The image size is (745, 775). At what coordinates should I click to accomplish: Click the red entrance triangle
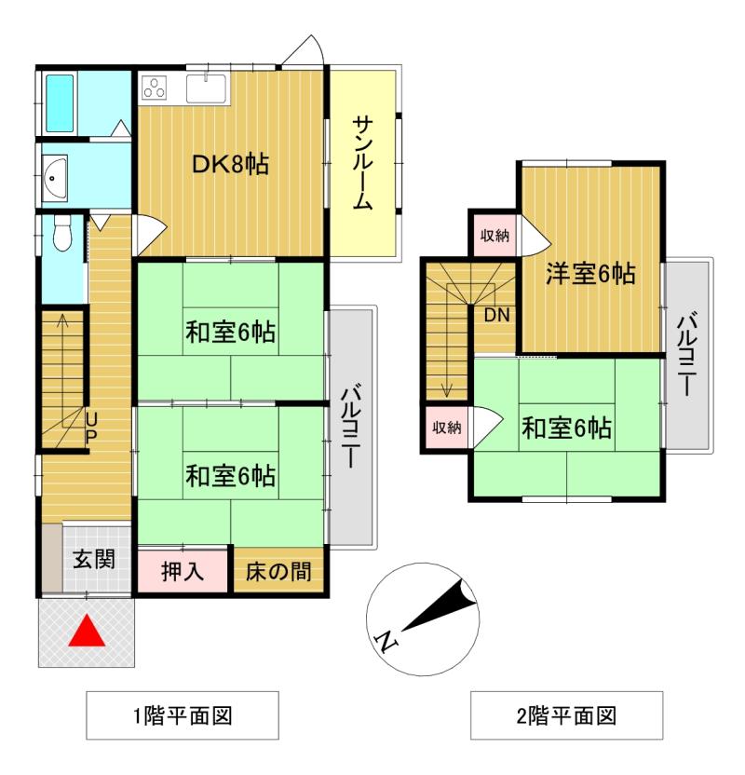(x=87, y=631)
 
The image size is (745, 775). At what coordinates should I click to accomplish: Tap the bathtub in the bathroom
(x=60, y=102)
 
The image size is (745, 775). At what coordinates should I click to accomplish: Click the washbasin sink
(x=54, y=177)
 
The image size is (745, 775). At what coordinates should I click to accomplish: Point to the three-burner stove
(x=155, y=88)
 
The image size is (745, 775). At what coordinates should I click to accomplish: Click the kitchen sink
(x=206, y=88)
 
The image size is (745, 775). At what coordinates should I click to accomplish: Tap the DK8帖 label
(x=230, y=164)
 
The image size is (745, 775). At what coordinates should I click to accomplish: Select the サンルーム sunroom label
(x=362, y=163)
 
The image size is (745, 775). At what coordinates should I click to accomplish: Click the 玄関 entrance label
(x=94, y=559)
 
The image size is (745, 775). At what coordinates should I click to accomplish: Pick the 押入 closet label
(x=183, y=571)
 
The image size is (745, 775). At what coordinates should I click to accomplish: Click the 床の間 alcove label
(x=278, y=571)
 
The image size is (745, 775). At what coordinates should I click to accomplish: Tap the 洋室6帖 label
(x=590, y=273)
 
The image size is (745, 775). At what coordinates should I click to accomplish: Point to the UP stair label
(x=91, y=428)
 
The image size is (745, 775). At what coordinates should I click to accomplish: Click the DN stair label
(x=496, y=315)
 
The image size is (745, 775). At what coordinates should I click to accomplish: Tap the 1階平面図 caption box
(x=183, y=715)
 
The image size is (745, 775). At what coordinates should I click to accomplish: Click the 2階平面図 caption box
(x=566, y=715)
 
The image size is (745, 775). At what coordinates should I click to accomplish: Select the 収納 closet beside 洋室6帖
(x=494, y=236)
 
